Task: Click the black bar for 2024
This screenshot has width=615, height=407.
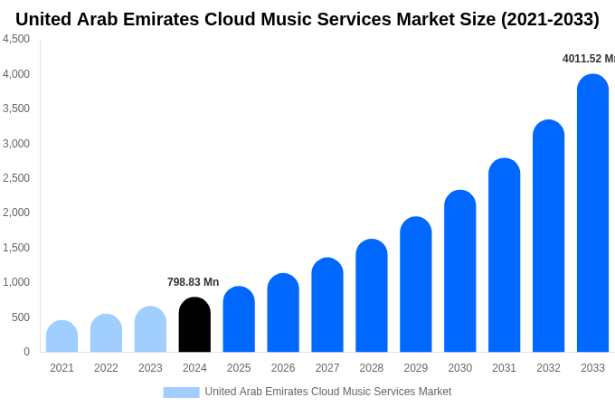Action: [194, 325]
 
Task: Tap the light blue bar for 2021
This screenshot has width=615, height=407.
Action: [61, 336]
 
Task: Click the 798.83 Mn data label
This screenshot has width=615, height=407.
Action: [193, 282]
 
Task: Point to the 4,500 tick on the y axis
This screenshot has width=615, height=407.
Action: [16, 39]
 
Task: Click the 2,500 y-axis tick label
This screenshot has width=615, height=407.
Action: [16, 178]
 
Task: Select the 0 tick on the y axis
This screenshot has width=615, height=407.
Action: [26, 352]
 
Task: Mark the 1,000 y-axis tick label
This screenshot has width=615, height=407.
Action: [16, 282]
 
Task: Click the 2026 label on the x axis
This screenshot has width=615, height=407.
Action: [283, 368]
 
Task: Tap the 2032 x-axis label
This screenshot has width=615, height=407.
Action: [548, 368]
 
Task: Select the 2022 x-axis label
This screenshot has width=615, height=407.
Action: [106, 368]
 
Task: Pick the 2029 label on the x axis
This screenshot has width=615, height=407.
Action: [416, 368]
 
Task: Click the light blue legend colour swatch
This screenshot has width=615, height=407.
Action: [181, 393]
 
